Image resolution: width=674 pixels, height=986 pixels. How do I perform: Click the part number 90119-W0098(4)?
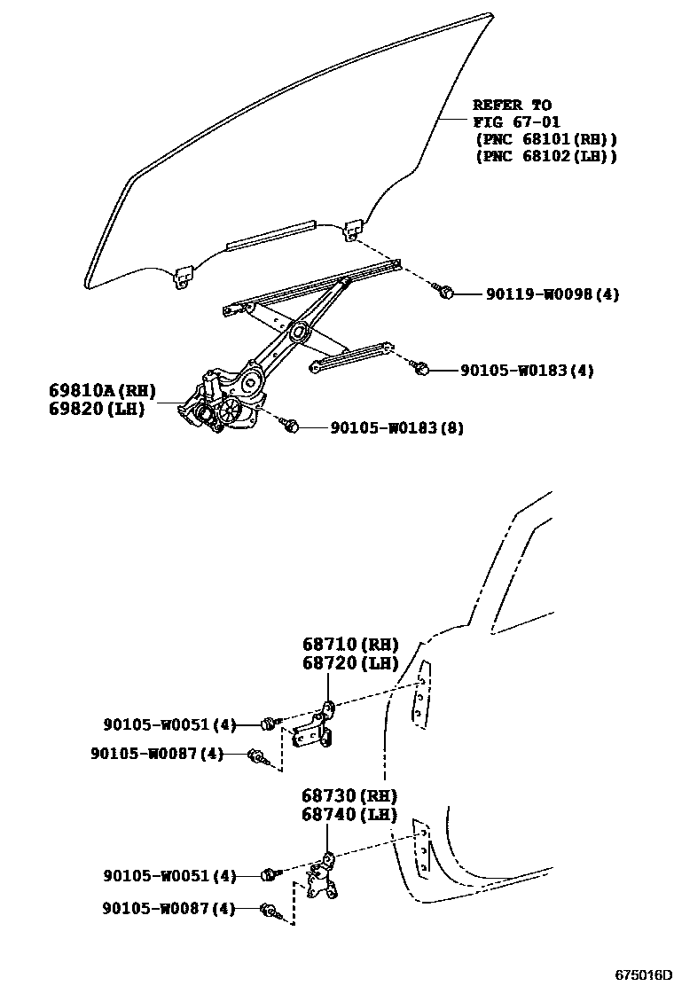coord(552,294)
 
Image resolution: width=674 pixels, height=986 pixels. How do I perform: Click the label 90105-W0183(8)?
coord(396,427)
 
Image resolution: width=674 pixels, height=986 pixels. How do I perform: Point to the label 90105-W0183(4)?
coord(526,370)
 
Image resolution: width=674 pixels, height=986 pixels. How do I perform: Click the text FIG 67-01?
coord(516,121)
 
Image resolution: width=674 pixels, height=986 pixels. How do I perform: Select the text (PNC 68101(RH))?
coord(545,139)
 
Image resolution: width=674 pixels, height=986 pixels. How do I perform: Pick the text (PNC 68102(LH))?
coord(545,156)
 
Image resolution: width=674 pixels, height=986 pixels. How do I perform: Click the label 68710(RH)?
coord(349,645)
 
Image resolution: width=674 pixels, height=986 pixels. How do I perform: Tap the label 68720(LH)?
coord(349,663)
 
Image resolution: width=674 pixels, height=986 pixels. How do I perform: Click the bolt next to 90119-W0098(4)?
coord(448,293)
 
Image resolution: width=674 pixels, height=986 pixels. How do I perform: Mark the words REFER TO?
coord(512,105)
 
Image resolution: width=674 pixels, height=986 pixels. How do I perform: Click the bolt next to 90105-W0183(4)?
coord(423,368)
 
